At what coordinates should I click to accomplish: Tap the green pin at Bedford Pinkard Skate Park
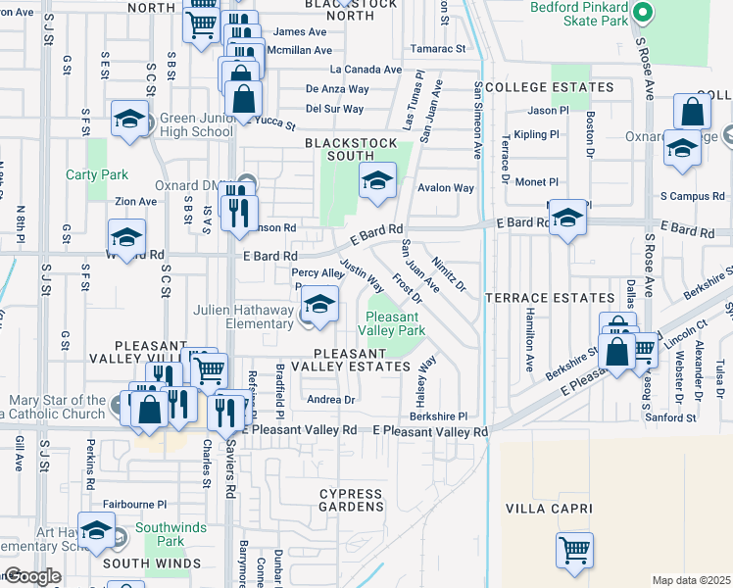coord(643,14)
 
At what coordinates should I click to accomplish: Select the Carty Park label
coord(97,175)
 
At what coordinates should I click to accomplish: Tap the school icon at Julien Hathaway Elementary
coord(319,304)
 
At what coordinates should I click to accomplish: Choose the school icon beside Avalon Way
coord(377,180)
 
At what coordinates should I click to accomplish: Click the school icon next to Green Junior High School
coord(129,119)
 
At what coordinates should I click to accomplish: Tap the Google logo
coord(31,576)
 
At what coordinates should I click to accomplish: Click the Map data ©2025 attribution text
coord(691,580)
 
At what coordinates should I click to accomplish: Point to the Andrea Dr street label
coord(330,400)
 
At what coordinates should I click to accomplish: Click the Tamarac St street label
coord(438,48)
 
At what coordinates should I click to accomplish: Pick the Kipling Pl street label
coord(535,133)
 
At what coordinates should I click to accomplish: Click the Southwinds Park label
coord(171,534)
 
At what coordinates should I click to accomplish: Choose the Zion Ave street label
coord(135,201)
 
